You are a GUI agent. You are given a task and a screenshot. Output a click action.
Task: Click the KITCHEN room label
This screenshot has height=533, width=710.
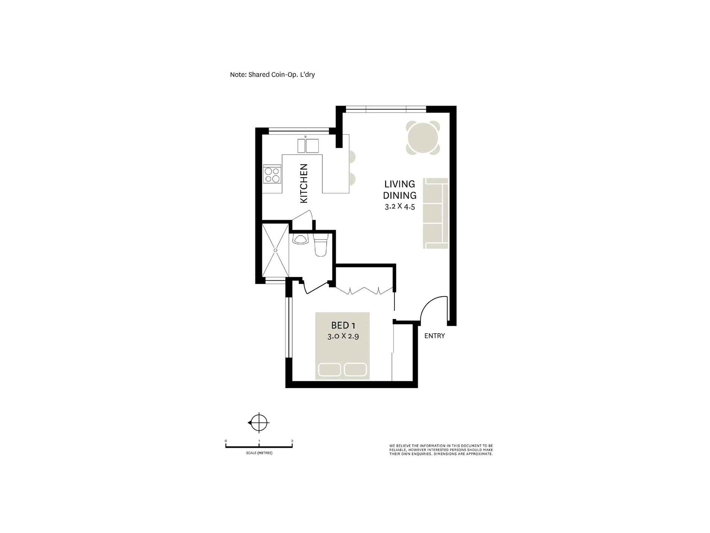tap(304, 183)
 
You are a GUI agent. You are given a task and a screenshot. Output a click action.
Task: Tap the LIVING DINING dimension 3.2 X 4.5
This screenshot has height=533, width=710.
tap(400, 206)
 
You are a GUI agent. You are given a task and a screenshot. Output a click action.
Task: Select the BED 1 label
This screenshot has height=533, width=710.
tap(343, 325)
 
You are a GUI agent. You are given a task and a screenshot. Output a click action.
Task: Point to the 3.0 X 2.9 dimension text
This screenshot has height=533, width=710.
tap(343, 336)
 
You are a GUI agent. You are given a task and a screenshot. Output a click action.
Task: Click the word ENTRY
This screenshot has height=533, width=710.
tap(435, 336)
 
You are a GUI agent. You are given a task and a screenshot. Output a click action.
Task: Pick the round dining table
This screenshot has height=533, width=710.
tap(423, 138)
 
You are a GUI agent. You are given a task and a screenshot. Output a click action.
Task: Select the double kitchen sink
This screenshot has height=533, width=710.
tap(308, 146)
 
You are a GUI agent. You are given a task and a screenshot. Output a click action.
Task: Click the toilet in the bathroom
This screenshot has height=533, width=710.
tap(321, 245)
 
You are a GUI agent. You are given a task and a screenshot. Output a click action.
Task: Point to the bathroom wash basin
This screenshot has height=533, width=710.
tap(300, 240)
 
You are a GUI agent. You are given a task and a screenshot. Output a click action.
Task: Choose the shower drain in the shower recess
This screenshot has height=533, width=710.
tap(275, 250)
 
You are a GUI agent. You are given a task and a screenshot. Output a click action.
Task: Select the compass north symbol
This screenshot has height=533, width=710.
tap(259, 423)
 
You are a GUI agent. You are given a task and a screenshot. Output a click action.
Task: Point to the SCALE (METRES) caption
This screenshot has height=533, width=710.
tap(259, 453)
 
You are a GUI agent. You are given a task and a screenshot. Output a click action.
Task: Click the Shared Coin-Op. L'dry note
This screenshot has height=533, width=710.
tap(272, 75)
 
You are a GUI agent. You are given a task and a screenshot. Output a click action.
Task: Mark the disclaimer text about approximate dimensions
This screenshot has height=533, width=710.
tap(441, 450)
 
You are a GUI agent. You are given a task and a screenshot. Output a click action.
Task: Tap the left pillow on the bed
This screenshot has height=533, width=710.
tap(329, 370)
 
